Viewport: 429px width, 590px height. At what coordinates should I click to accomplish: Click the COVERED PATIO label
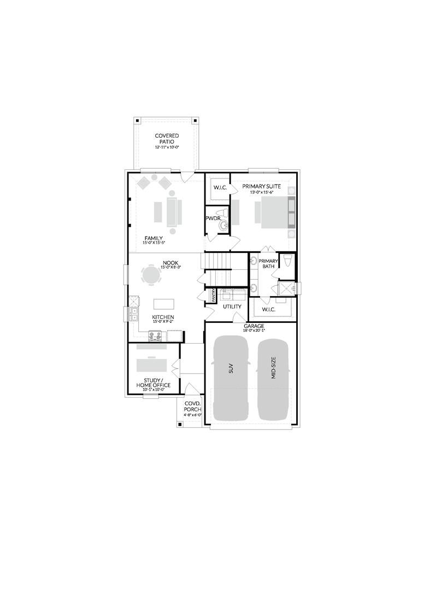167,139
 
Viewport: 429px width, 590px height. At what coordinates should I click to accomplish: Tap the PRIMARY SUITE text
262,186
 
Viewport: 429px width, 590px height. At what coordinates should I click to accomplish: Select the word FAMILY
153,238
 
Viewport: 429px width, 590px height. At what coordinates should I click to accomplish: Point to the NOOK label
171,263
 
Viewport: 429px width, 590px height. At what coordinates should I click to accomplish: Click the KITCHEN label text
163,317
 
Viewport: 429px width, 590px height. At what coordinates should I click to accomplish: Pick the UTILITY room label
232,306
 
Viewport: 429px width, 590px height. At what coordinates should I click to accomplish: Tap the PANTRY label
214,296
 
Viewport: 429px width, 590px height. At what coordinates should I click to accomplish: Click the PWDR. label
213,218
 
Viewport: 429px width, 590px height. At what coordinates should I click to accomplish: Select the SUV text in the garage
231,369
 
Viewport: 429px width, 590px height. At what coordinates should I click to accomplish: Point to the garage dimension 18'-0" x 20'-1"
254,331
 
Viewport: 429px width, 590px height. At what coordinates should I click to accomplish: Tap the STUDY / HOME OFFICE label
154,382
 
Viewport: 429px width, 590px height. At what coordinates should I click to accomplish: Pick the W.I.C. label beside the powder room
219,188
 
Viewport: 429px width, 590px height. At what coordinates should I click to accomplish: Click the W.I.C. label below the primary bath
268,310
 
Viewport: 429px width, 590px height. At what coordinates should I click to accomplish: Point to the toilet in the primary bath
288,259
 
